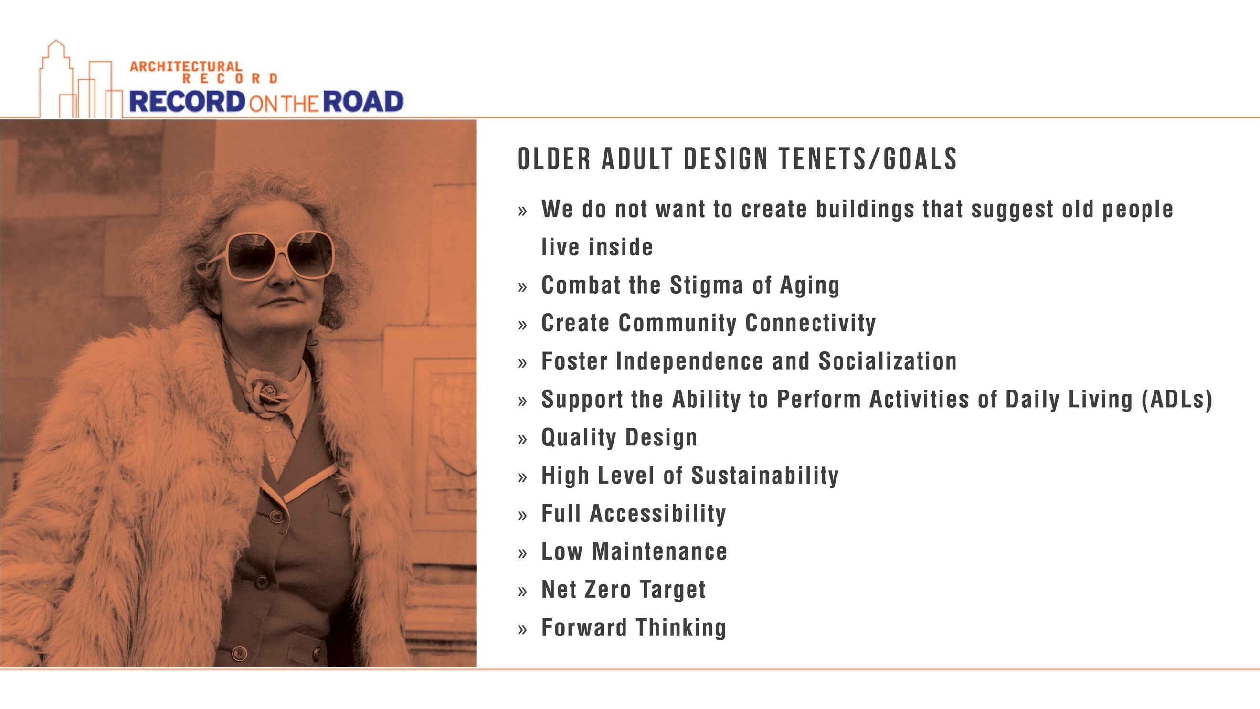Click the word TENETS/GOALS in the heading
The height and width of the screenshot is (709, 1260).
(868, 159)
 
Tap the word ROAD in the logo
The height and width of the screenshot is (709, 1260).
(363, 102)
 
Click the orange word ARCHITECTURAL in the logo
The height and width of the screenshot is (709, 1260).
(186, 66)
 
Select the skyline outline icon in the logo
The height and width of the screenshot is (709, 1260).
(81, 80)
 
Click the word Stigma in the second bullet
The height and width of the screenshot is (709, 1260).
(707, 286)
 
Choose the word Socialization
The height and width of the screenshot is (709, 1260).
(888, 361)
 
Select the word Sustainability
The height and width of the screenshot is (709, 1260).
(765, 475)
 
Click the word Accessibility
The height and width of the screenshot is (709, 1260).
(658, 513)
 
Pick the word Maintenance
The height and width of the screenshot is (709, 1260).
(659, 551)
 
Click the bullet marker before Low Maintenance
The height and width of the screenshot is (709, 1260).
(522, 553)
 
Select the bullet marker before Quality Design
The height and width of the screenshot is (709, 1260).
(522, 439)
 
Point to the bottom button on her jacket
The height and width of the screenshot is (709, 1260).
(239, 653)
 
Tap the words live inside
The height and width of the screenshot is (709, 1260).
(597, 247)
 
